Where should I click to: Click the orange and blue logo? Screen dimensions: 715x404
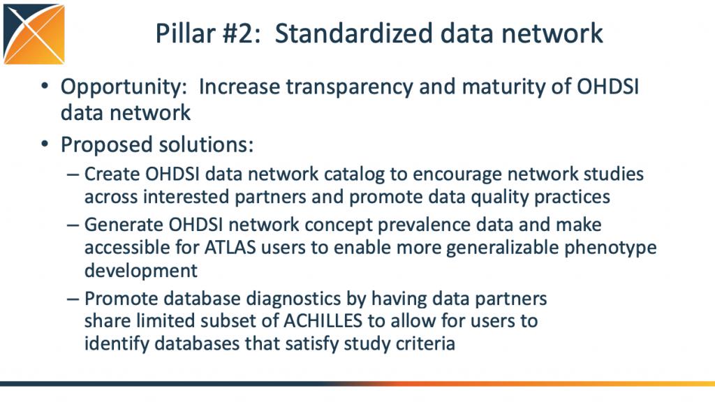[34, 33]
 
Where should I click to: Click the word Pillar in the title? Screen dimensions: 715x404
[185, 33]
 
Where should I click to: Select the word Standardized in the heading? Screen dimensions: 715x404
[353, 33]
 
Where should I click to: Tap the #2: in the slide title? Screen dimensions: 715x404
[242, 33]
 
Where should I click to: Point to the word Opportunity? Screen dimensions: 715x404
[124, 87]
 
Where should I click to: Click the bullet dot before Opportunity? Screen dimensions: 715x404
[44, 85]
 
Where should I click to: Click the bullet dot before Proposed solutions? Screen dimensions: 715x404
[44, 144]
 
